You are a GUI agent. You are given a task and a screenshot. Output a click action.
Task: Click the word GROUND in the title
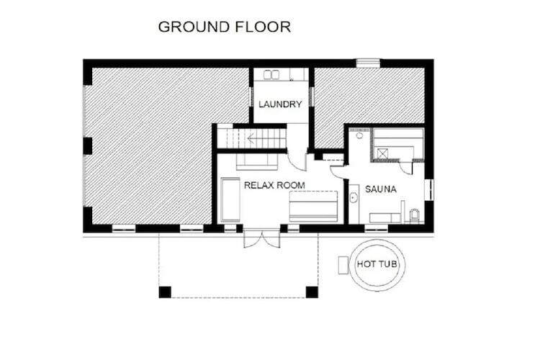[x=194, y=27]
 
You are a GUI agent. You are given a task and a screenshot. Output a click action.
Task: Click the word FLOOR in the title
[x=263, y=27]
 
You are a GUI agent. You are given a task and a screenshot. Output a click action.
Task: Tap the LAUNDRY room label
[x=280, y=104]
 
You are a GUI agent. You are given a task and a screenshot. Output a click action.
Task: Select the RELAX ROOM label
[x=274, y=185]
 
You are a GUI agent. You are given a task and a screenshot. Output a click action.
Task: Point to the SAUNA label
[x=381, y=189]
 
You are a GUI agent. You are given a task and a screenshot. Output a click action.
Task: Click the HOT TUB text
[x=377, y=264]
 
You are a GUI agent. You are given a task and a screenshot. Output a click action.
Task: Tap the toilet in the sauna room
[x=415, y=216]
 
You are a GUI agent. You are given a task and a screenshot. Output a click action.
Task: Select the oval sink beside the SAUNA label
[x=354, y=198]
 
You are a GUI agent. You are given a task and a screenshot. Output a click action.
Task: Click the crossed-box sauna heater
[x=382, y=153]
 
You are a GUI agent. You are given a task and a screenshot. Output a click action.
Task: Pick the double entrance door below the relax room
[x=262, y=238]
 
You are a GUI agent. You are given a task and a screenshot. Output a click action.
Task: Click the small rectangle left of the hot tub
[x=343, y=265]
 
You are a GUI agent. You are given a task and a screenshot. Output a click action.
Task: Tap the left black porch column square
[x=165, y=292]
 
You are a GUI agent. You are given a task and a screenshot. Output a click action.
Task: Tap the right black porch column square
[x=312, y=292]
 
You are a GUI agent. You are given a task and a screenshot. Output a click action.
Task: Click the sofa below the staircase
[x=257, y=161]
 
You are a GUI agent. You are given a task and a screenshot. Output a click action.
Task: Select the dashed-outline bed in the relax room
[x=313, y=206]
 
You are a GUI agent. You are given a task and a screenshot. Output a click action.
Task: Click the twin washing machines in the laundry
[x=271, y=75]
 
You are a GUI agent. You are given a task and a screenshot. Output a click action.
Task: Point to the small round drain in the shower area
[x=359, y=136]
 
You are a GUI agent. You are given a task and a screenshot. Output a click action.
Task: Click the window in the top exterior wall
[x=368, y=63]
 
